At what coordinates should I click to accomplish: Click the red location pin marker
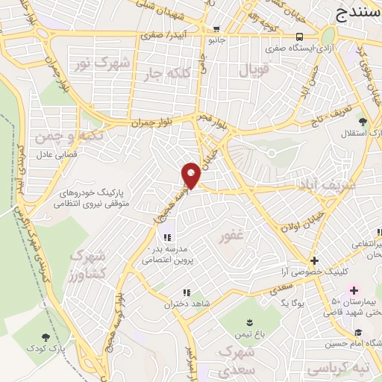coord(191,175)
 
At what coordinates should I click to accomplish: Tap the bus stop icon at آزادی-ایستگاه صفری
coord(298,37)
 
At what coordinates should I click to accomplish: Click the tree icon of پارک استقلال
coord(363,121)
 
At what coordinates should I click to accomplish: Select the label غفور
coord(231,238)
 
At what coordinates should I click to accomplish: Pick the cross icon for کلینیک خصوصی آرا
coord(315,260)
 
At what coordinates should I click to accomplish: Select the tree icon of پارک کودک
coord(47,338)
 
